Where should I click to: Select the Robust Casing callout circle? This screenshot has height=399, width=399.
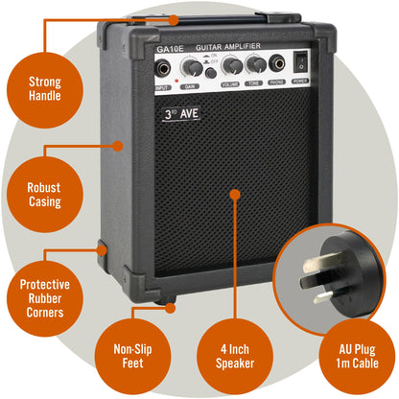[x=44, y=195]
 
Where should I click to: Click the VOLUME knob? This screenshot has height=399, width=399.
[x=231, y=65]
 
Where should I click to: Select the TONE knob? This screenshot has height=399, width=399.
[x=255, y=65]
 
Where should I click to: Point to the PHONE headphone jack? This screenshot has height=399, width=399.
[x=278, y=65]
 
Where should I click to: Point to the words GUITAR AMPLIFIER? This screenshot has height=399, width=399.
[x=227, y=46]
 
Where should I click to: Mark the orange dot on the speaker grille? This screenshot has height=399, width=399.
[x=233, y=195]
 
